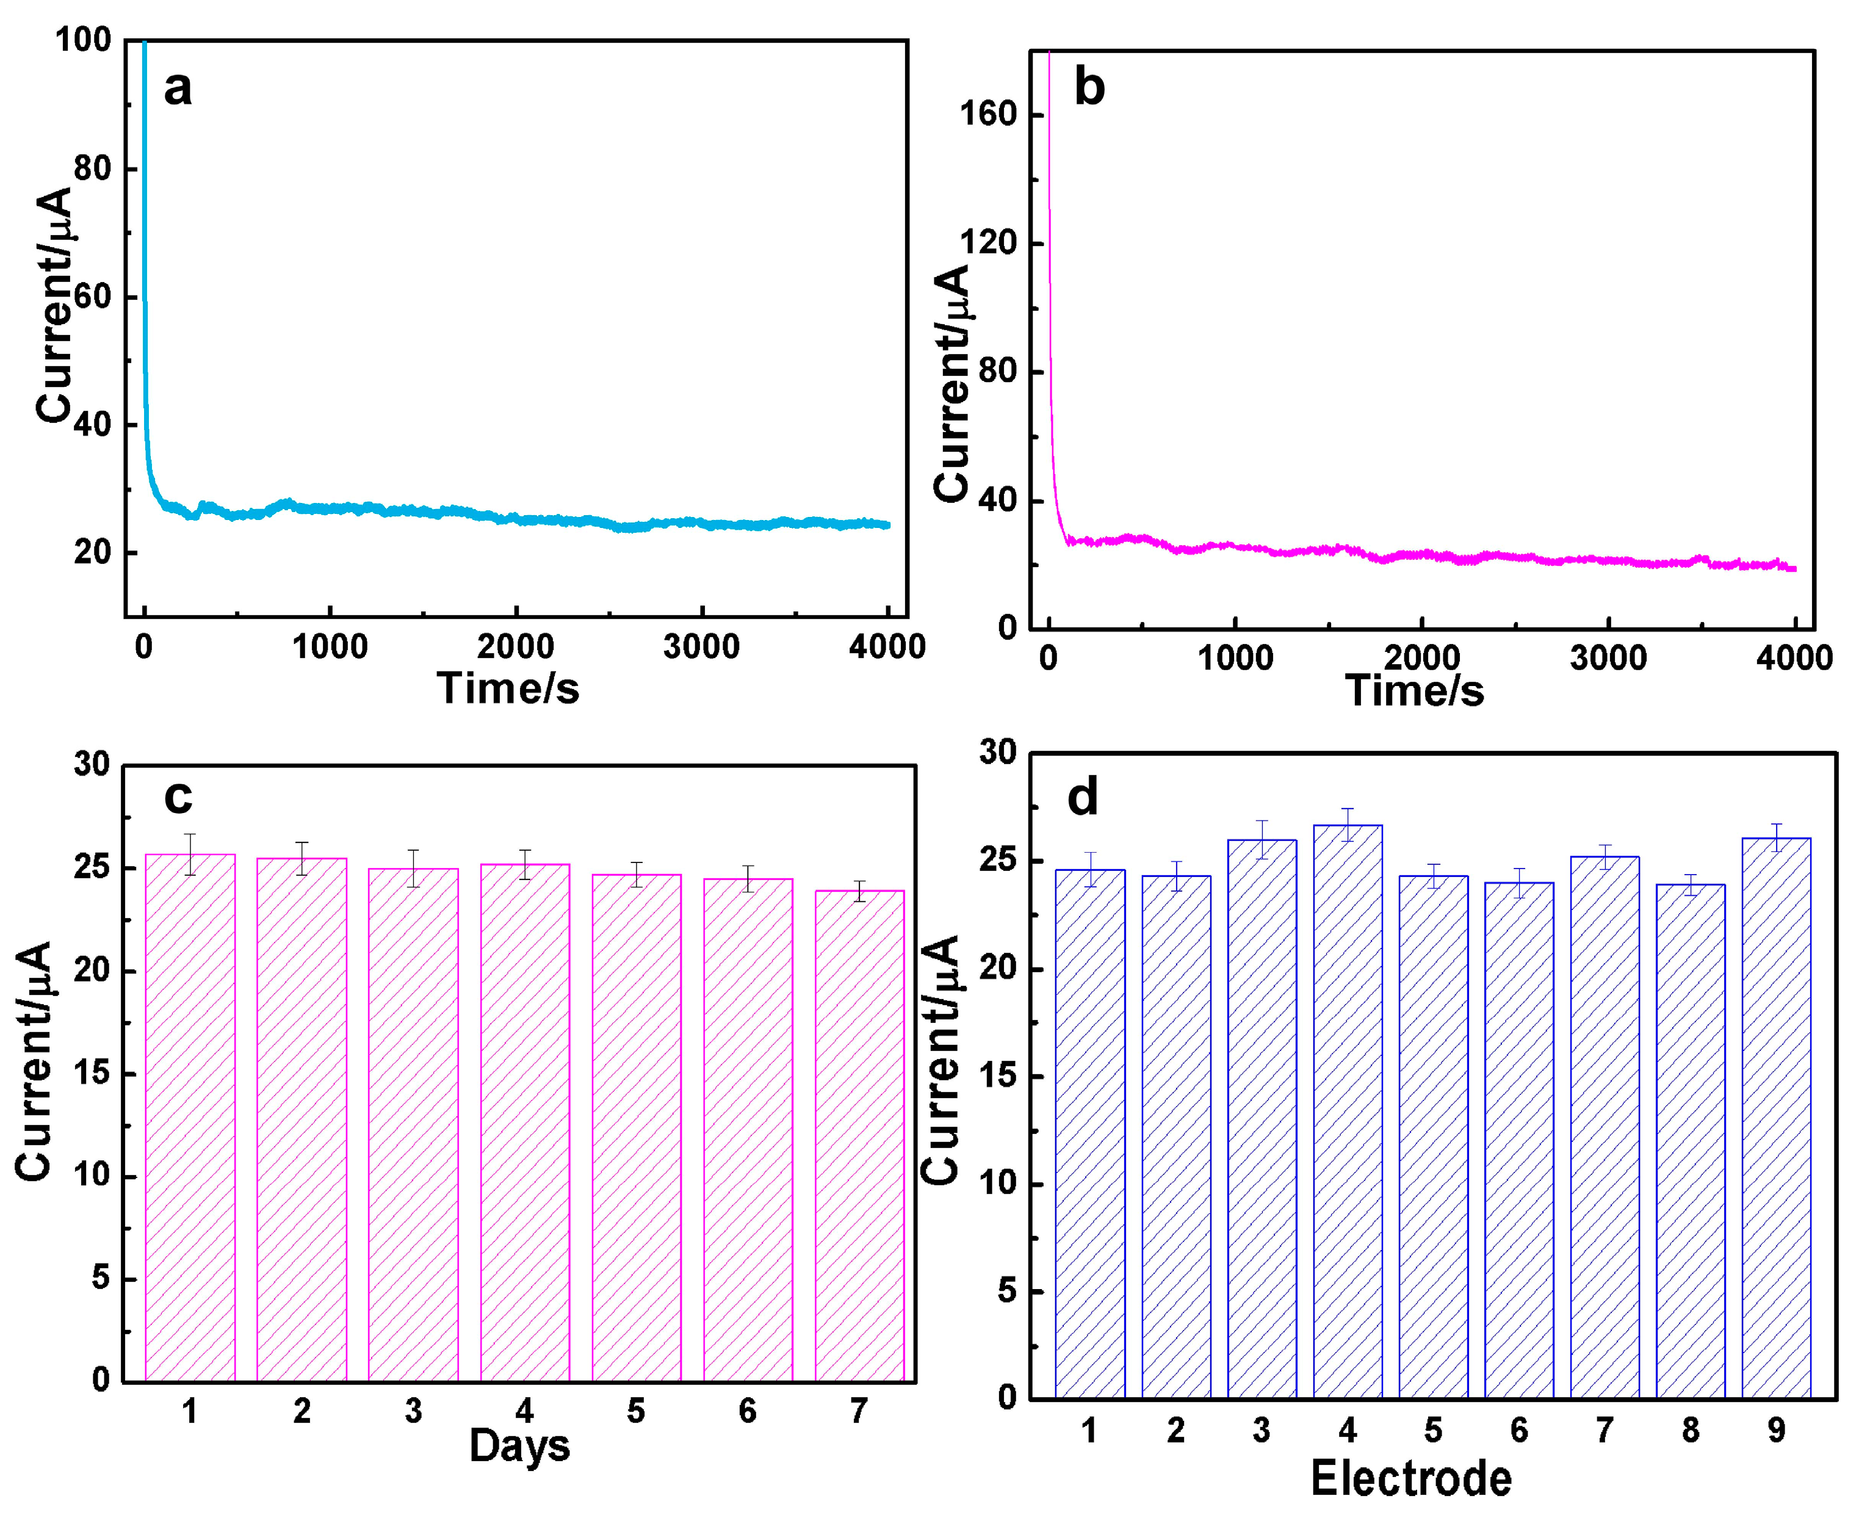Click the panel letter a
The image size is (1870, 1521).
point(178,89)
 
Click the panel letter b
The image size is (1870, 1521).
point(1089,89)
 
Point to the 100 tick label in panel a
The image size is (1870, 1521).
point(84,40)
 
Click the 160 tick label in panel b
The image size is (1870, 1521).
point(988,114)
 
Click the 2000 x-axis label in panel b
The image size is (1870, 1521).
point(1421,657)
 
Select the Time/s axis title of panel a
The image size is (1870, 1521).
point(508,688)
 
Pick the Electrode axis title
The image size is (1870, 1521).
point(1411,1479)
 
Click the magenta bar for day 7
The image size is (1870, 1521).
point(859,1139)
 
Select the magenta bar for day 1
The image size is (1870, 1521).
point(190,1121)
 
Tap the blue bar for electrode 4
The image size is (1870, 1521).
point(1347,1113)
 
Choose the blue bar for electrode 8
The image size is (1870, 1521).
point(1689,1139)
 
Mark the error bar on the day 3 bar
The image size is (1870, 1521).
point(413,869)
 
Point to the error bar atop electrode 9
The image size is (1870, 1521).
point(1775,837)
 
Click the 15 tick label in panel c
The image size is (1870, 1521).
point(93,1072)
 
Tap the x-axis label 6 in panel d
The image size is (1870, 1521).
point(1519,1431)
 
